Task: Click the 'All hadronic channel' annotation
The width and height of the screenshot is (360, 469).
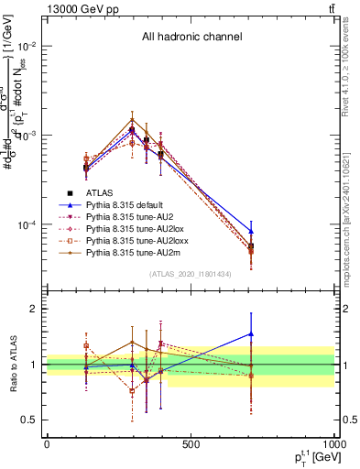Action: (x=191, y=38)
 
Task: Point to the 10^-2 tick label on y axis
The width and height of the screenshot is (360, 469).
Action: (x=27, y=46)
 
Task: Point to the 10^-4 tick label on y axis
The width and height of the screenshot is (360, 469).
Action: (x=27, y=225)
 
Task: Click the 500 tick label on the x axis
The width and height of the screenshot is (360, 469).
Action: (x=191, y=444)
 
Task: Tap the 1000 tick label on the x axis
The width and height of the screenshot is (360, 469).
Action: (x=333, y=444)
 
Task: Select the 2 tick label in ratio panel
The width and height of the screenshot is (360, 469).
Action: (x=36, y=309)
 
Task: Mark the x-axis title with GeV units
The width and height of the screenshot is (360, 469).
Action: (x=307, y=457)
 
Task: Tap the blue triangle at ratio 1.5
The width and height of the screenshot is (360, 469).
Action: (x=251, y=334)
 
